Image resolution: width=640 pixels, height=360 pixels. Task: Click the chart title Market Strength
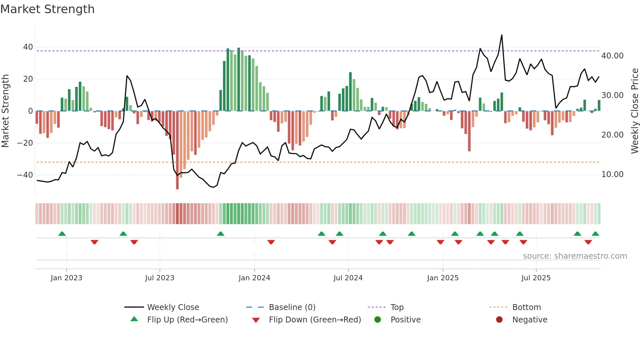[x=47, y=9]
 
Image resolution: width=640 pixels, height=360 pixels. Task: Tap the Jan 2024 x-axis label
[x=254, y=278]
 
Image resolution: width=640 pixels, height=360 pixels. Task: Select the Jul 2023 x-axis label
[x=160, y=278]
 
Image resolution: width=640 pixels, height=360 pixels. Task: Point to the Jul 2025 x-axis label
[x=536, y=278]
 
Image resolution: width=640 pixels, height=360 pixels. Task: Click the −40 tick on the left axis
[x=25, y=175]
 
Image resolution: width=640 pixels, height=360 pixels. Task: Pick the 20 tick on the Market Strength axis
[x=28, y=79]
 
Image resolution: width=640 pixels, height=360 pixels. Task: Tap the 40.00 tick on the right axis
[x=612, y=56]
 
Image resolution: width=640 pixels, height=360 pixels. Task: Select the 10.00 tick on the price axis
[x=612, y=174]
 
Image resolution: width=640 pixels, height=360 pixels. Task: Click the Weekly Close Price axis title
[x=634, y=111]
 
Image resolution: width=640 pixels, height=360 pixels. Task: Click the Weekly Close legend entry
[x=173, y=307]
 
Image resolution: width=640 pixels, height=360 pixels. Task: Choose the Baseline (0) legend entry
[x=292, y=307]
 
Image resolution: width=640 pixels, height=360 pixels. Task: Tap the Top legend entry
[x=397, y=307]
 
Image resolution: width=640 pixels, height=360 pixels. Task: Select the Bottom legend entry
[x=526, y=307]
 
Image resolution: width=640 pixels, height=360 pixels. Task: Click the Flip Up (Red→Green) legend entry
[x=187, y=320]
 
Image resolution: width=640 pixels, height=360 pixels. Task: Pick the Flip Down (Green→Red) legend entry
[x=315, y=320]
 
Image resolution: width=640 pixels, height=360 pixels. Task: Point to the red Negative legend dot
[x=499, y=320]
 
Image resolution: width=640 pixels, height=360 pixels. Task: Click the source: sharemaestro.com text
[x=575, y=256]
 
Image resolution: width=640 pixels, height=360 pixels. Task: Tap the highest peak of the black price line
[x=502, y=35]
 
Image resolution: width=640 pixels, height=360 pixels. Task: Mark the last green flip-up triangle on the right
[x=595, y=234]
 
